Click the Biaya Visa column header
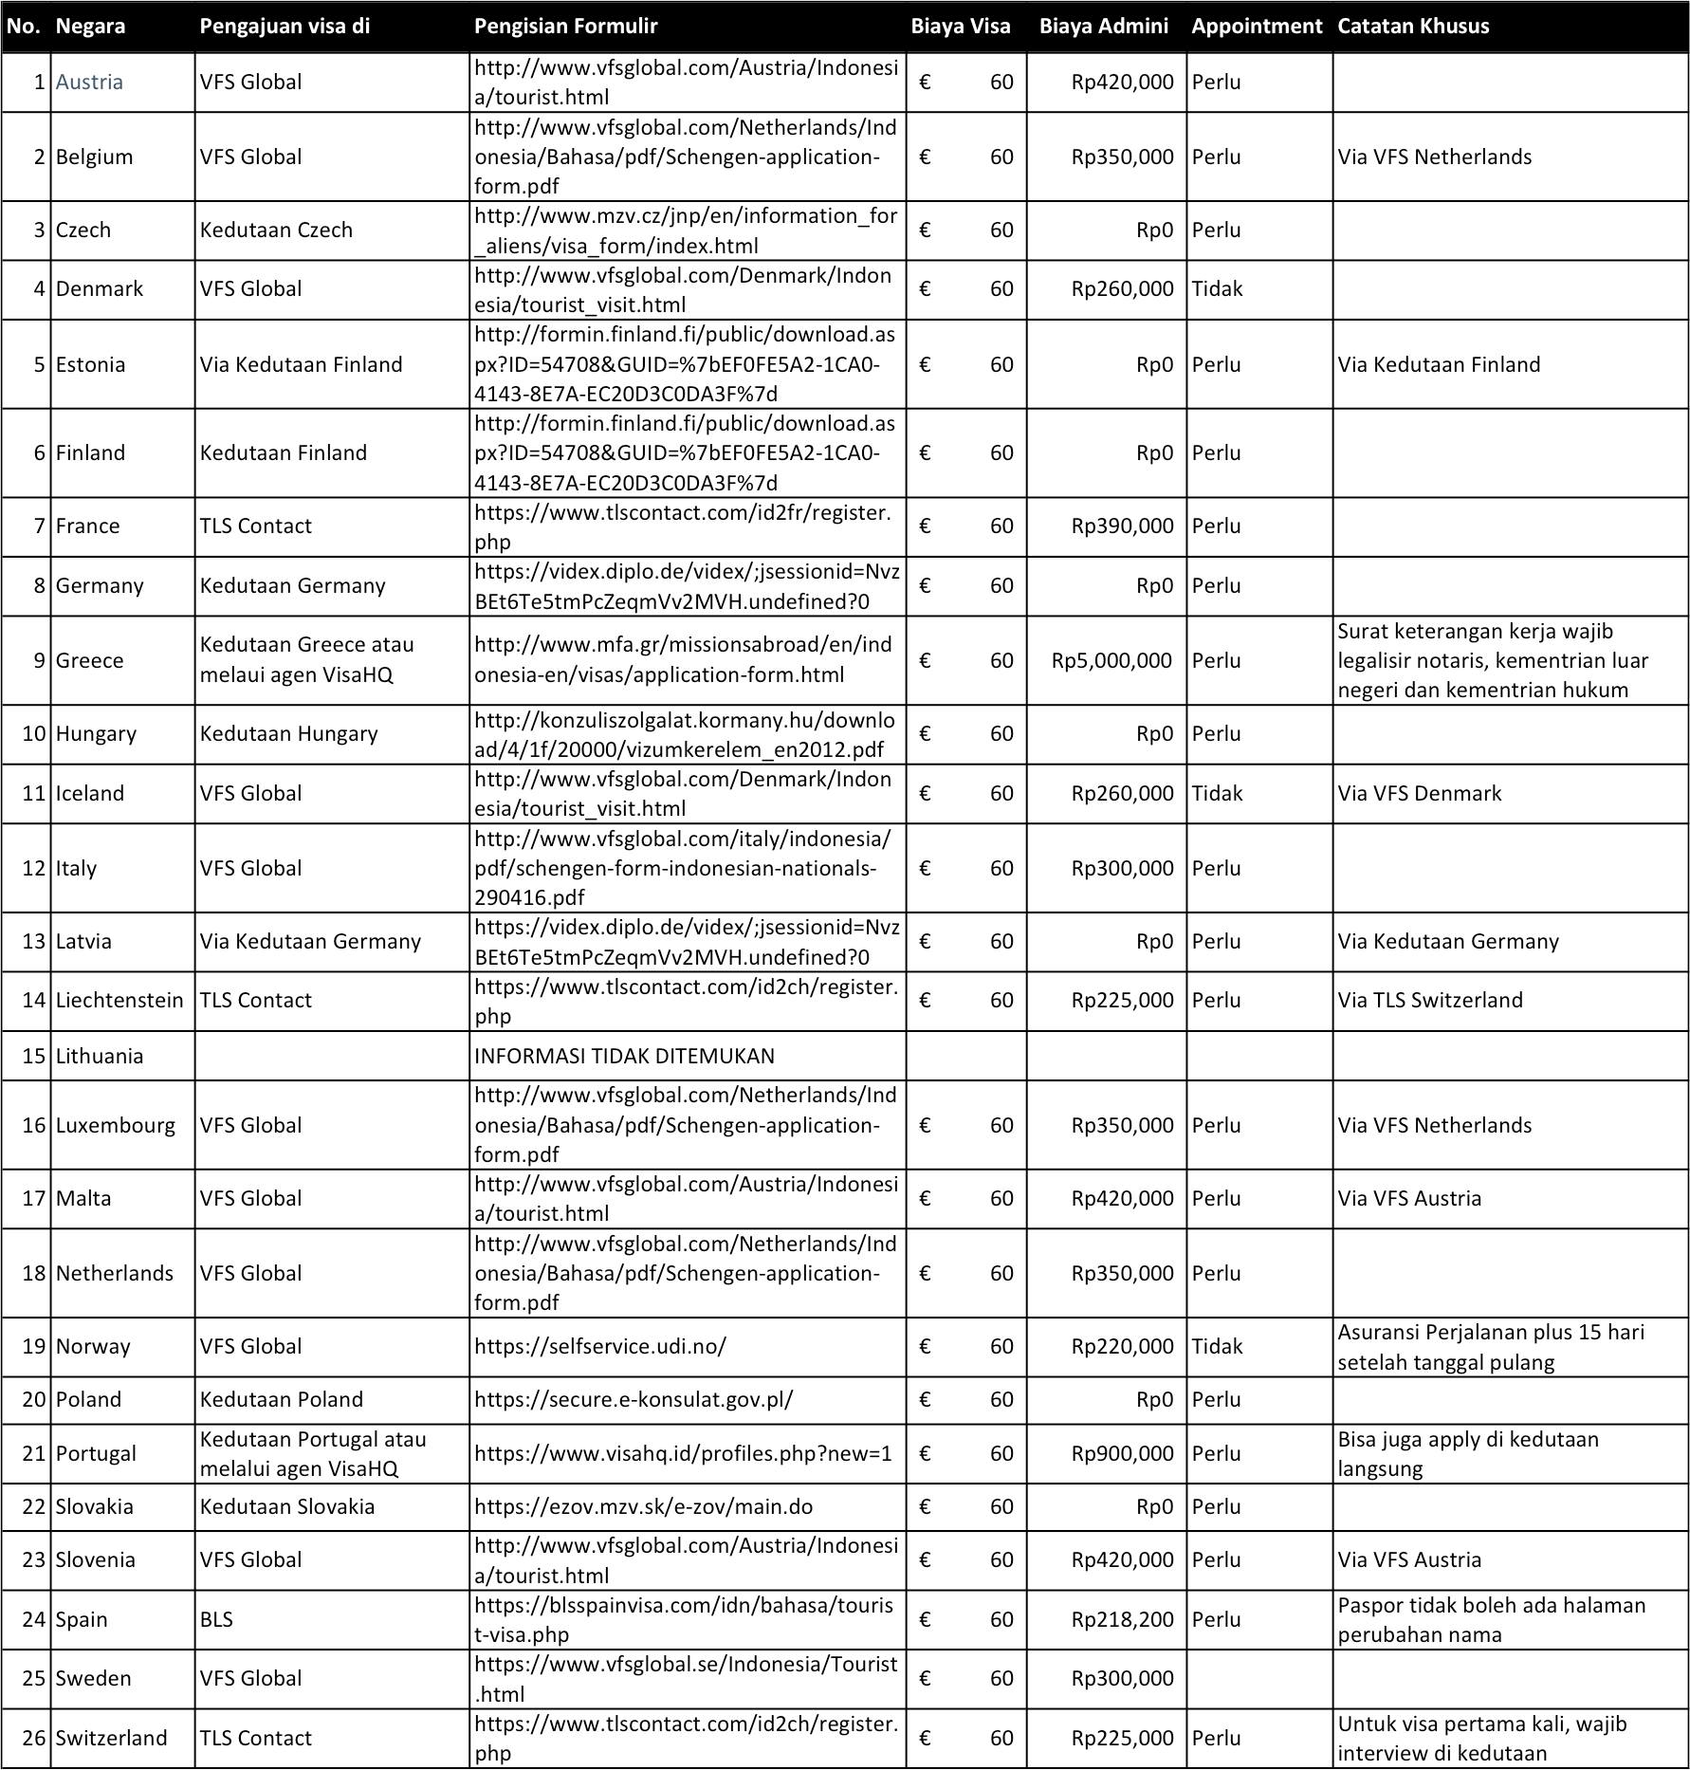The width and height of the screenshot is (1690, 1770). click(x=960, y=27)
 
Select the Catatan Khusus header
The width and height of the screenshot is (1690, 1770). click(x=1412, y=27)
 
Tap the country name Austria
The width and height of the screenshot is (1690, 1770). click(x=89, y=83)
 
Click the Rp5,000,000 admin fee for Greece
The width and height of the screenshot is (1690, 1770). click(x=1111, y=661)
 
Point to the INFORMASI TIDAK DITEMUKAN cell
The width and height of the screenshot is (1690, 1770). click(x=624, y=1056)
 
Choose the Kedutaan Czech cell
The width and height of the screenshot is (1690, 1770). click(x=276, y=230)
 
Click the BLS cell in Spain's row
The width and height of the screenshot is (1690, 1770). click(x=216, y=1619)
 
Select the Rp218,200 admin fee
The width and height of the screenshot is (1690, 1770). click(x=1122, y=1619)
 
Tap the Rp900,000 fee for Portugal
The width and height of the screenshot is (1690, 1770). click(x=1122, y=1453)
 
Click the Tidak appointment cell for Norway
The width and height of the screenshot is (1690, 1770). click(x=1217, y=1346)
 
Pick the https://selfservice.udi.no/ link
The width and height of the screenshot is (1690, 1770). click(x=600, y=1346)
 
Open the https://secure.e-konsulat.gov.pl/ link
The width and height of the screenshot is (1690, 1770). click(x=634, y=1399)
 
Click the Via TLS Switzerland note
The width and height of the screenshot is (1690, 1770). click(x=1430, y=1000)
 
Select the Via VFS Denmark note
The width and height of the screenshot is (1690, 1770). click(x=1420, y=793)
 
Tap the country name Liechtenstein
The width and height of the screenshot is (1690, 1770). click(x=119, y=1000)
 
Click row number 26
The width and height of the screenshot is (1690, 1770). click(x=34, y=1738)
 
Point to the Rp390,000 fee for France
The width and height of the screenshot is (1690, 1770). click(x=1122, y=526)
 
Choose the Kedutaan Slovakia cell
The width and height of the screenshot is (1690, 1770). click(x=287, y=1506)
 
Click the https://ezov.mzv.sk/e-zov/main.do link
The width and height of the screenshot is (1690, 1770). click(x=643, y=1506)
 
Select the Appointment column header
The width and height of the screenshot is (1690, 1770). click(x=1257, y=27)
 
